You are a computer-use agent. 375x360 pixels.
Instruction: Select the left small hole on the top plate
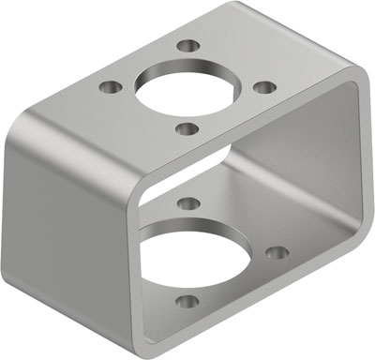click(x=112, y=87)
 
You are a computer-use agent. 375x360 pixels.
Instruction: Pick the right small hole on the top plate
click(x=265, y=87)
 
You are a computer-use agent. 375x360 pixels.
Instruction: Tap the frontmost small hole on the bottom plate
click(x=187, y=303)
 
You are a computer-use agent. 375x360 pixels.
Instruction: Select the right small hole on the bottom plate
click(x=276, y=252)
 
